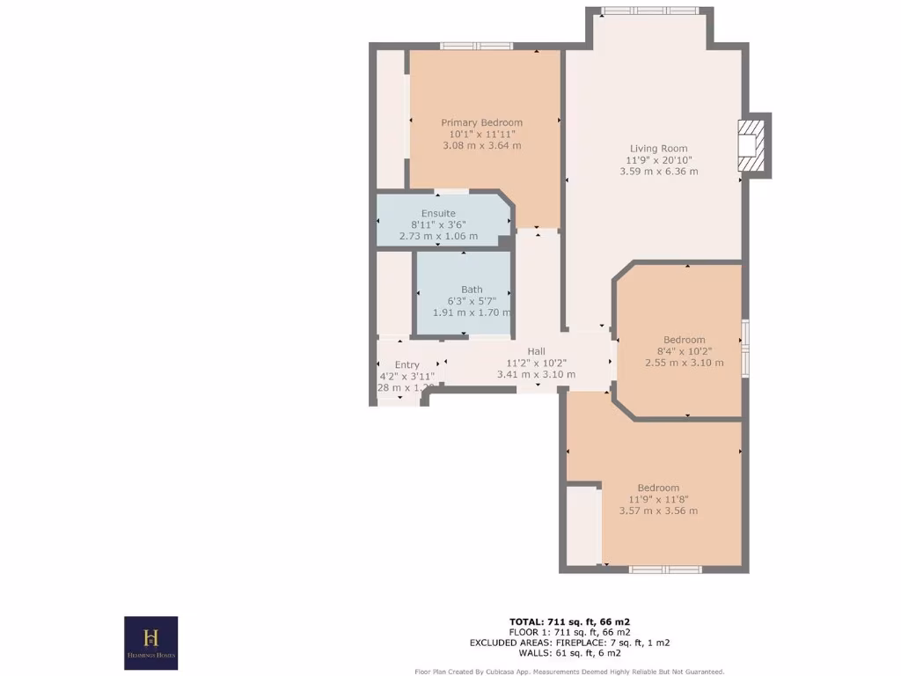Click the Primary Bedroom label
pyautogui.click(x=481, y=122)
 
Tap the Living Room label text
pyautogui.click(x=658, y=149)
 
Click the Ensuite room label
pyautogui.click(x=438, y=214)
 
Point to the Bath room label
pyautogui.click(x=472, y=290)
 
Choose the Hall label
pyautogui.click(x=536, y=351)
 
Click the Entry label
pyautogui.click(x=407, y=364)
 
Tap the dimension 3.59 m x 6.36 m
pyautogui.click(x=658, y=172)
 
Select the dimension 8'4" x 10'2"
pyautogui.click(x=684, y=351)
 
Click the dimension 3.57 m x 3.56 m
pyautogui.click(x=658, y=511)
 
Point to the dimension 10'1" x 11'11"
pyautogui.click(x=481, y=134)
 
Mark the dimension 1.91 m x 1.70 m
pyautogui.click(x=472, y=312)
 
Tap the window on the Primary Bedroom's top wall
pyautogui.click(x=476, y=46)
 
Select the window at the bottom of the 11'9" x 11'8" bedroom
pyautogui.click(x=664, y=569)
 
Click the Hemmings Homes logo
pyautogui.click(x=150, y=643)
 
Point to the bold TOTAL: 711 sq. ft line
pyautogui.click(x=569, y=621)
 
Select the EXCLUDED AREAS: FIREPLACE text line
pyautogui.click(x=569, y=643)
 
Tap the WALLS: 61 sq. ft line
pyautogui.click(x=569, y=653)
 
